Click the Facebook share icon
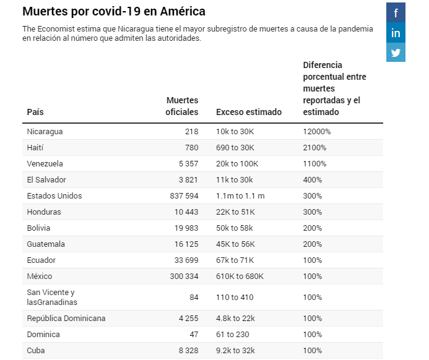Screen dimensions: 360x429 pyautogui.click(x=396, y=12)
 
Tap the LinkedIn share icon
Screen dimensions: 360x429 pyautogui.click(x=396, y=32)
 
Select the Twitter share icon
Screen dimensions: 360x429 pyautogui.click(x=396, y=53)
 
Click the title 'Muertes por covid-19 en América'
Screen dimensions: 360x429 pyautogui.click(x=114, y=12)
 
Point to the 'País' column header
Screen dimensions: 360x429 pyautogui.click(x=35, y=112)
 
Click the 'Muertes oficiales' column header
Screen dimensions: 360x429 pyautogui.click(x=182, y=106)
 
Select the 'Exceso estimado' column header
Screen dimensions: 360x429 pyautogui.click(x=248, y=112)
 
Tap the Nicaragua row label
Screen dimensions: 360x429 pyautogui.click(x=45, y=132)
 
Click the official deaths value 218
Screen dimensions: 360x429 pyautogui.click(x=191, y=132)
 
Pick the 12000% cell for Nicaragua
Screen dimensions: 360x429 pyautogui.click(x=316, y=132)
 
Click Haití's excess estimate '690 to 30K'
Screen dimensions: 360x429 pyautogui.click(x=235, y=148)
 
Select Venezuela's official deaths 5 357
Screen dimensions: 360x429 pyautogui.click(x=187, y=164)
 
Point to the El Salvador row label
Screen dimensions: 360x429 pyautogui.click(x=46, y=180)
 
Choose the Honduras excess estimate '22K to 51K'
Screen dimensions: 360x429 pyautogui.click(x=235, y=212)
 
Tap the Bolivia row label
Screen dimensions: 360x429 pyautogui.click(x=38, y=228)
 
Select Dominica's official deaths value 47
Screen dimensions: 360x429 pyautogui.click(x=193, y=335)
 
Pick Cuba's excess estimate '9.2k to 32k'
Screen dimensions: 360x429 pyautogui.click(x=235, y=351)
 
